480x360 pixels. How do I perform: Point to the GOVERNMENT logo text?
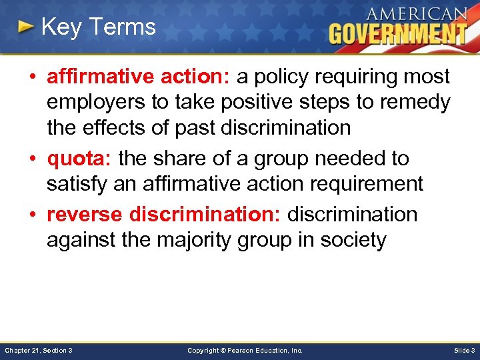point(398,33)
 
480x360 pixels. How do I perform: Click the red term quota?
point(79,159)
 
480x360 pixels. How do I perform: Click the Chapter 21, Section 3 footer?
point(38,350)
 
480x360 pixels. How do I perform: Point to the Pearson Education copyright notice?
point(245,350)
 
